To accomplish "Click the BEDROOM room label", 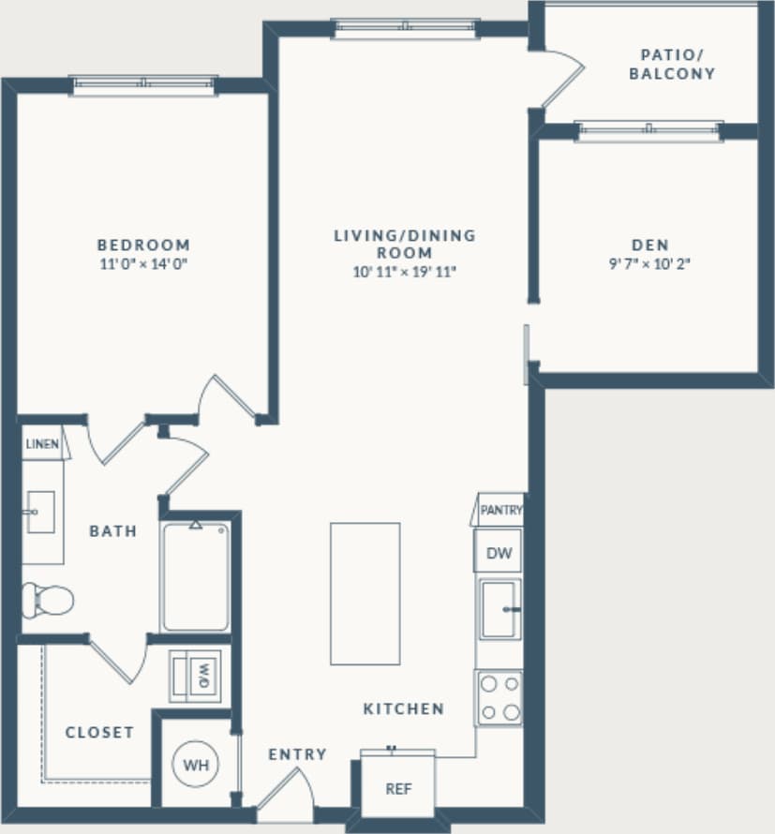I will point(144,246).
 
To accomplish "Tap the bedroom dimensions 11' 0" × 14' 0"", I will point(144,264).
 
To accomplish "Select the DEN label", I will point(648,246).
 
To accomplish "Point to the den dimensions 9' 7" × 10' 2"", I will point(648,264).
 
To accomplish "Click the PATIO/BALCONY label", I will point(672,64).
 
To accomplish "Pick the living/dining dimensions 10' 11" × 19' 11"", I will point(405,273).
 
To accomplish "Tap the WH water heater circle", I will point(196,765).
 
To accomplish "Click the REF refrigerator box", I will point(398,788).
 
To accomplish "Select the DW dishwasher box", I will point(499,553).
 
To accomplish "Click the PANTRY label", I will point(500,511).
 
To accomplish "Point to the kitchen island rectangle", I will point(365,593).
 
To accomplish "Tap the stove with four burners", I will point(499,698).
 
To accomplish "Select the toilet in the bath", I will point(47,599).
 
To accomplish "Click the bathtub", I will point(195,576).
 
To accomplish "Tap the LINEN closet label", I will point(42,444).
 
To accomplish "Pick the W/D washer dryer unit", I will point(196,676).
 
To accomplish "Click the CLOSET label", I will point(99,733).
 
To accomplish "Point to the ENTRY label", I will point(297,754).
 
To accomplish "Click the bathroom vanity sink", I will point(40,512).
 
